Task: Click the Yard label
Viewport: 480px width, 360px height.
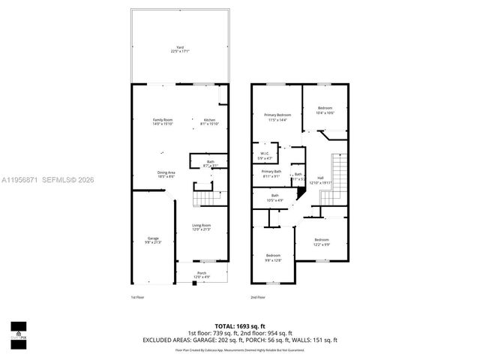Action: click(180, 50)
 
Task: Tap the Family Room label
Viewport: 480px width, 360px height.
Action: click(163, 121)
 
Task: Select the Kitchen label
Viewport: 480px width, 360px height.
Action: click(209, 121)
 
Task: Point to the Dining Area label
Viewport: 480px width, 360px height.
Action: click(166, 174)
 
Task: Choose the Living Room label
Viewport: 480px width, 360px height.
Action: click(200, 226)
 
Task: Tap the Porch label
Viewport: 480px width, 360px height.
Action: click(202, 274)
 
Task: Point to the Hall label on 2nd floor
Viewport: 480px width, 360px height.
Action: click(320, 180)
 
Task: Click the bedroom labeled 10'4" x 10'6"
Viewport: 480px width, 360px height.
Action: click(325, 110)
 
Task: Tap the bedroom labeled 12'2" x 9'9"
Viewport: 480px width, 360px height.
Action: click(321, 241)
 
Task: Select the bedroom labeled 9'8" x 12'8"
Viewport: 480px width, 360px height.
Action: click(272, 257)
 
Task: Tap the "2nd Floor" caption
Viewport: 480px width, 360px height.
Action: click(258, 298)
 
